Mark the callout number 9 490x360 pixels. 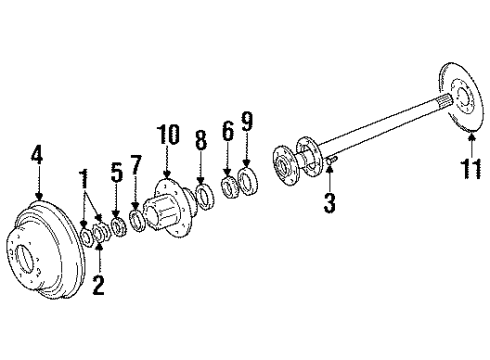pos(247,123)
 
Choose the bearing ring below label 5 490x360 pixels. pos(118,226)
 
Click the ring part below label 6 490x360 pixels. pos(228,187)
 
